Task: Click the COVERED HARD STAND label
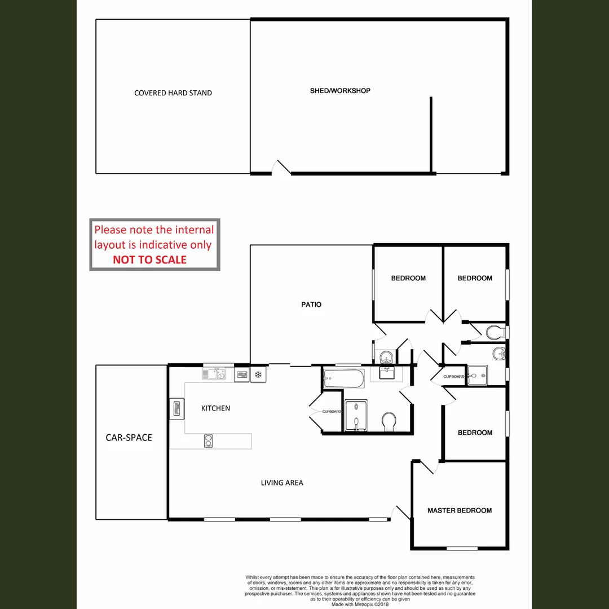[x=173, y=93]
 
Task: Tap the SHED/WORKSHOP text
[x=340, y=90]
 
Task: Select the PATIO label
[x=311, y=304]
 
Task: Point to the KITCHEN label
[x=215, y=408]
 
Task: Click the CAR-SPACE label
[x=129, y=438]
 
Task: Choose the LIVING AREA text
[x=282, y=483]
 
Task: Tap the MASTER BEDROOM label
[x=459, y=510]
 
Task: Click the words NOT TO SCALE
[x=149, y=260]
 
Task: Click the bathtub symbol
[x=343, y=379]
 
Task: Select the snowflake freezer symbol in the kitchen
[x=259, y=374]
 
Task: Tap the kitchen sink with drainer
[x=214, y=373]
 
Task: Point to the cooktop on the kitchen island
[x=208, y=440]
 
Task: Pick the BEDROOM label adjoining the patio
[x=408, y=278]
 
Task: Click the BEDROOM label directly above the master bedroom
[x=475, y=433]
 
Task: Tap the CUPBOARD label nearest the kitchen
[x=332, y=412]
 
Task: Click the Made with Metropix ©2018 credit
[x=360, y=604]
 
